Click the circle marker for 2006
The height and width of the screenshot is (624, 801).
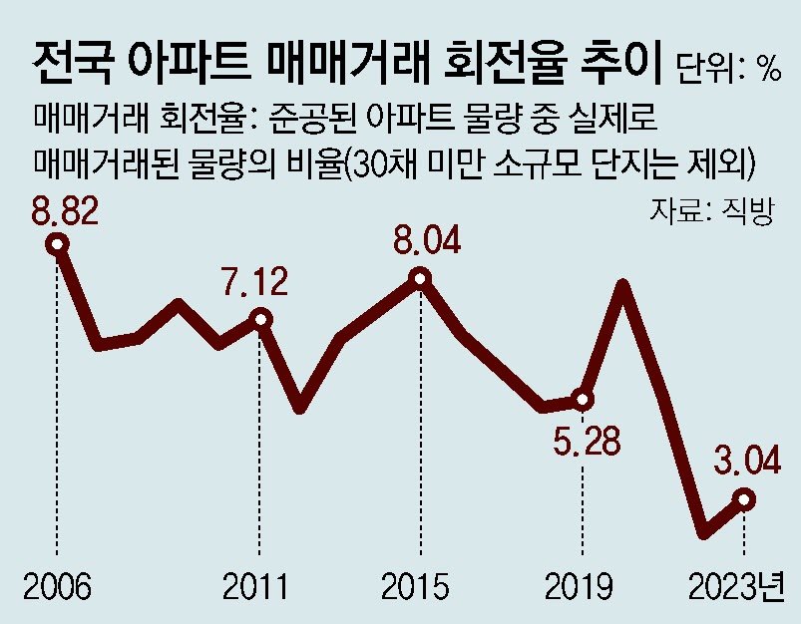(x=59, y=242)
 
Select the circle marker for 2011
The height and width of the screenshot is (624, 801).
(x=260, y=319)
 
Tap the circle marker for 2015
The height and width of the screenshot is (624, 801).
(x=421, y=278)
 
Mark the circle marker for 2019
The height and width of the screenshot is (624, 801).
(x=583, y=399)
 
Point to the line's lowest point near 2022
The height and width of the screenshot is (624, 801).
(x=704, y=533)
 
